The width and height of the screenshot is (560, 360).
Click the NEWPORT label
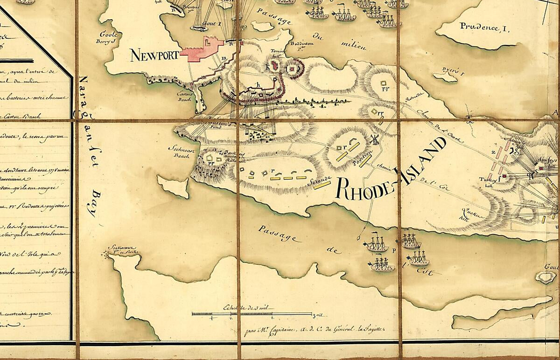click(x=154, y=55)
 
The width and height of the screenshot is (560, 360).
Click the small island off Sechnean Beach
click(x=173, y=186)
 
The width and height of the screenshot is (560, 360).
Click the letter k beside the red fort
click(x=268, y=66)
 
